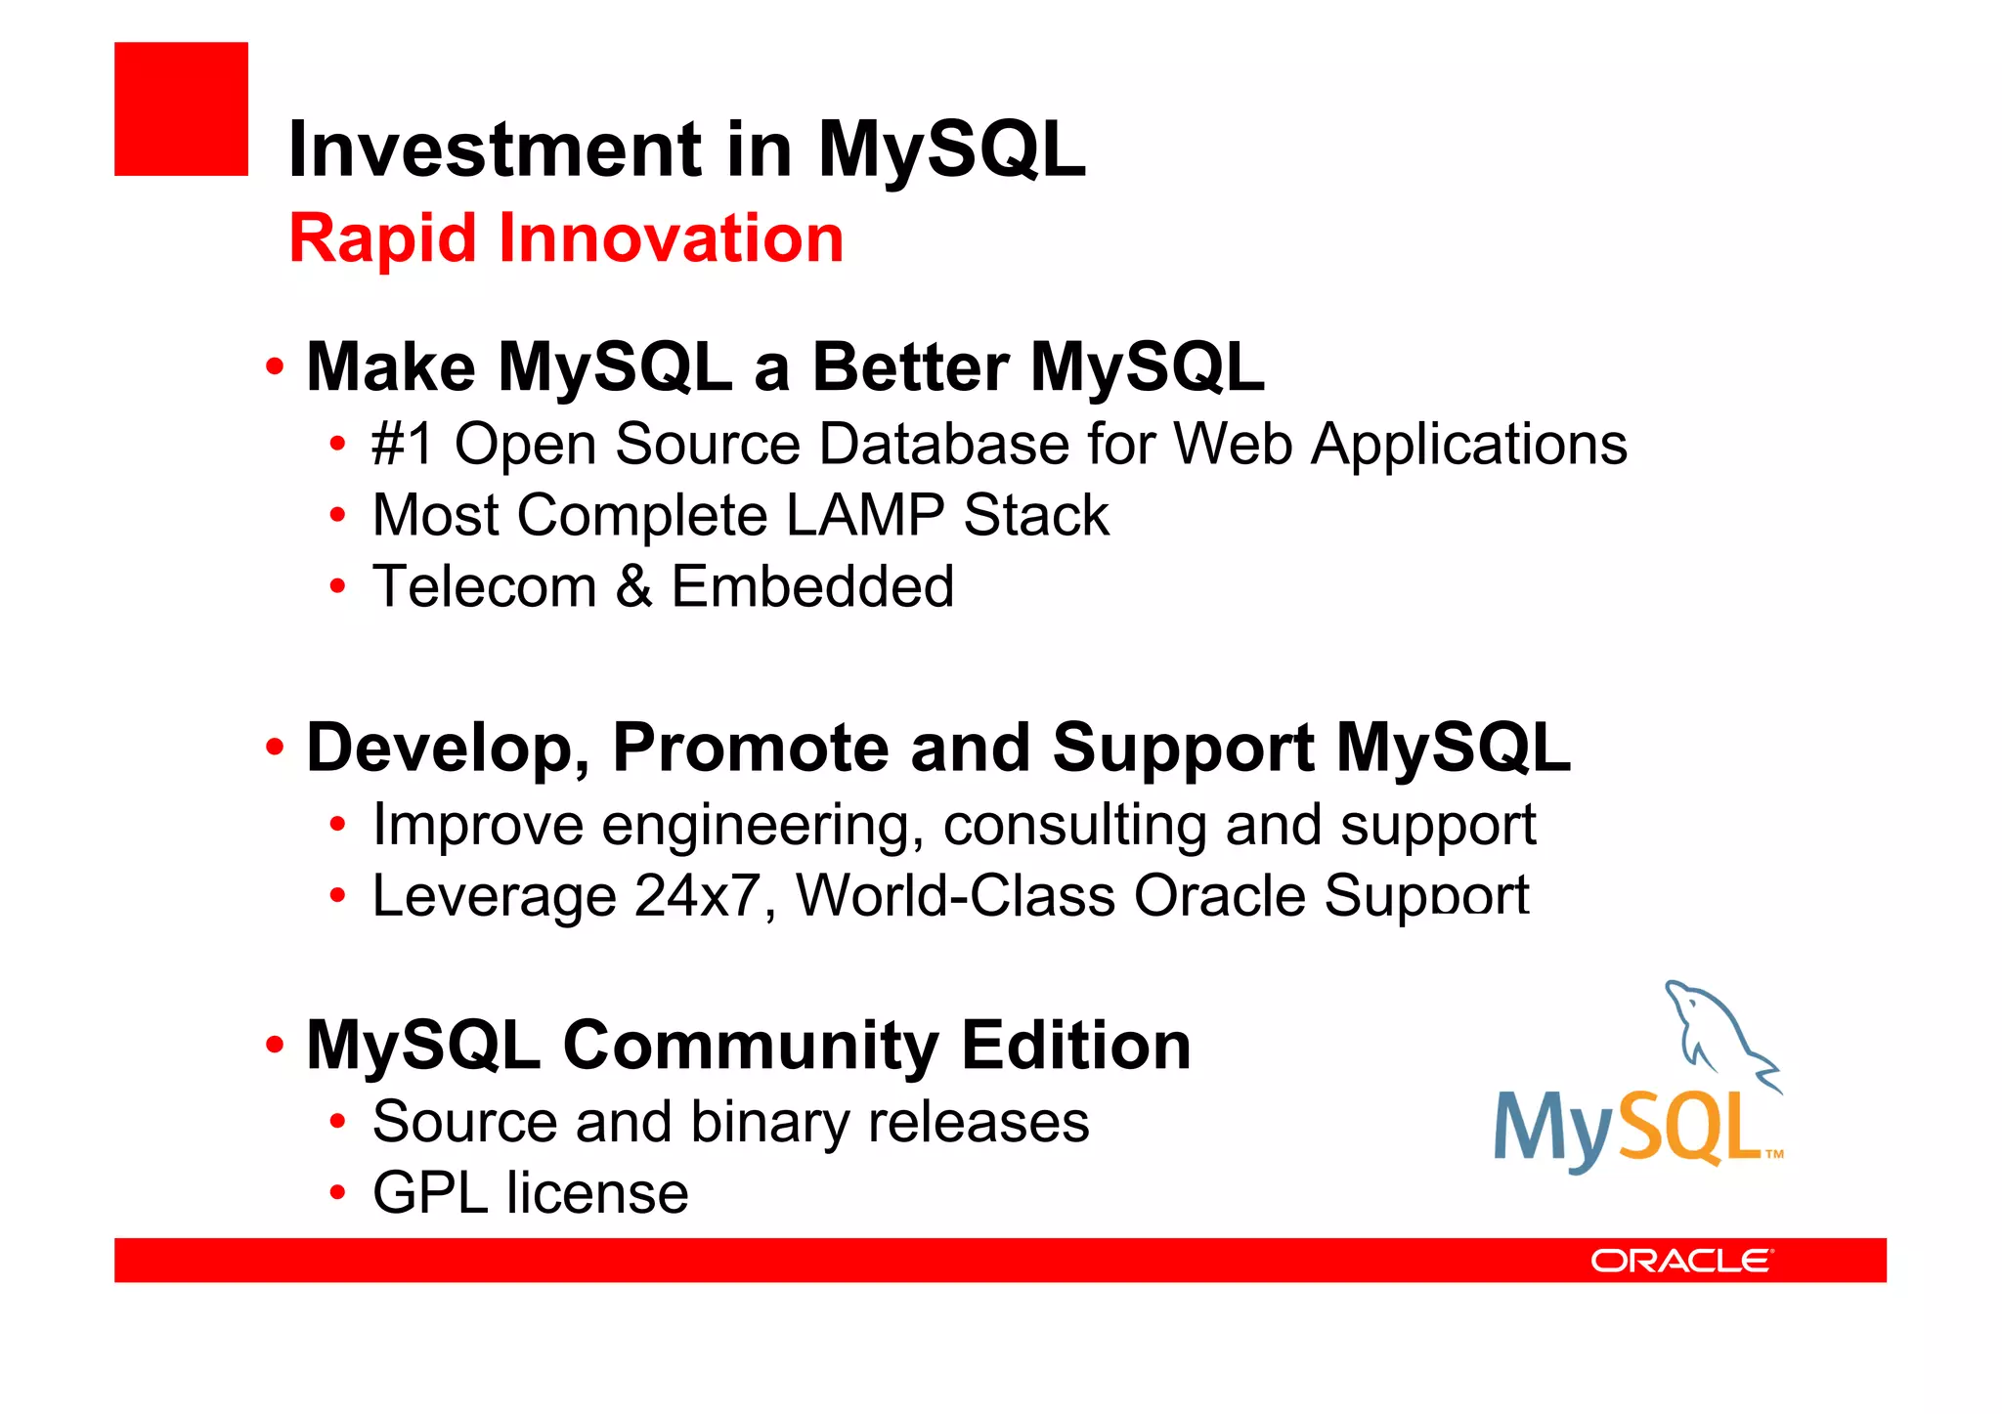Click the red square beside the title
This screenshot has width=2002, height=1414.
(x=181, y=108)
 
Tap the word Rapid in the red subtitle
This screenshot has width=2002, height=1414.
(x=385, y=239)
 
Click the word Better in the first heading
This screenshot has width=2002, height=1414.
(x=910, y=367)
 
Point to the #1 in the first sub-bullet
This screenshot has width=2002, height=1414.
(x=402, y=445)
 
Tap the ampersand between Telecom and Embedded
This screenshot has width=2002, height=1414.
(x=633, y=586)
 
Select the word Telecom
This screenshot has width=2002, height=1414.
(x=485, y=586)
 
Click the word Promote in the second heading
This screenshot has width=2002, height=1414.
(x=750, y=748)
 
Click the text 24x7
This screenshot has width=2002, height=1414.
(x=697, y=896)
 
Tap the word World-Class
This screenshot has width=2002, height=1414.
(x=955, y=896)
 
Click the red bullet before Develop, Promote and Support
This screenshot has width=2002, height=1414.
(x=275, y=748)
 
